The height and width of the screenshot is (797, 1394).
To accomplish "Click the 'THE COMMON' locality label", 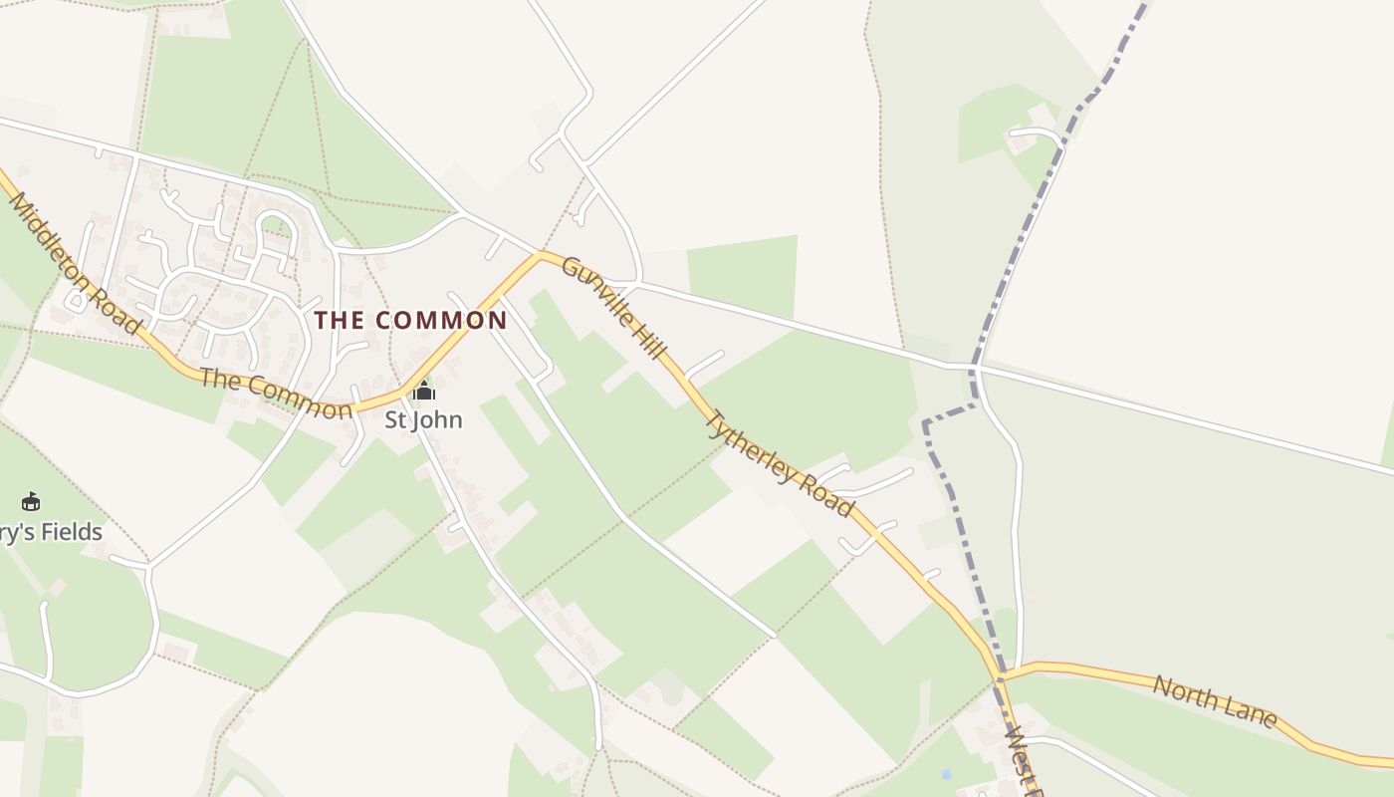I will tap(411, 320).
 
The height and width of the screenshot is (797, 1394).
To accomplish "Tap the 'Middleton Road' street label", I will tap(74, 263).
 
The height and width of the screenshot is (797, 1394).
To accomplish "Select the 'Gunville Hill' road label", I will tap(612, 307).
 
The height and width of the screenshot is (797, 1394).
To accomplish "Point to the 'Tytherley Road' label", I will tap(780, 463).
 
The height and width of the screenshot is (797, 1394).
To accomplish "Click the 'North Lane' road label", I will tap(1215, 701).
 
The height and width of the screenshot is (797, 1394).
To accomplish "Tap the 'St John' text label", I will tap(424, 419).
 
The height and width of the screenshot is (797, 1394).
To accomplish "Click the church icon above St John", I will tap(424, 391).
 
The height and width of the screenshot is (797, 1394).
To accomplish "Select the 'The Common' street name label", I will tap(276, 394).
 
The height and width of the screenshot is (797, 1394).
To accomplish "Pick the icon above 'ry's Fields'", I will tap(31, 501).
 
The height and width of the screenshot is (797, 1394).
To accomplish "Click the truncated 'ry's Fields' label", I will tap(51, 532).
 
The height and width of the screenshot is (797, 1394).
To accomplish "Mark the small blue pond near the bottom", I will tap(946, 773).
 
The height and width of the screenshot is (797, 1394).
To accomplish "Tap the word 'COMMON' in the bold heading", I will tap(442, 320).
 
